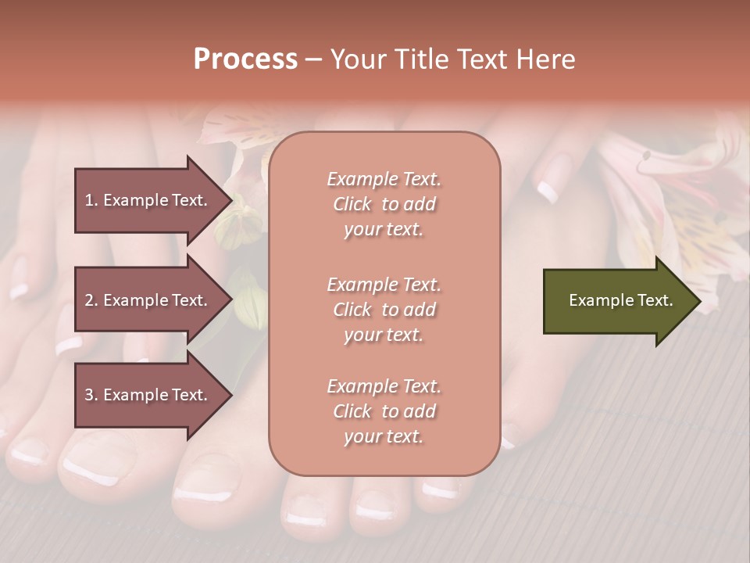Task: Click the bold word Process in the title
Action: click(x=245, y=59)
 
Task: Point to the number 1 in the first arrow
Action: click(x=89, y=200)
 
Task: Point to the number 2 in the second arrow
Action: click(x=89, y=300)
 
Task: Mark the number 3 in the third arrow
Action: click(x=89, y=395)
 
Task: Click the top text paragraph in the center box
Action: click(x=384, y=204)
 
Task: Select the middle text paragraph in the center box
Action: click(x=384, y=310)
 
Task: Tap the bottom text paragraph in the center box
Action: click(x=384, y=411)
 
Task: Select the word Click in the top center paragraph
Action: click(x=352, y=204)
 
